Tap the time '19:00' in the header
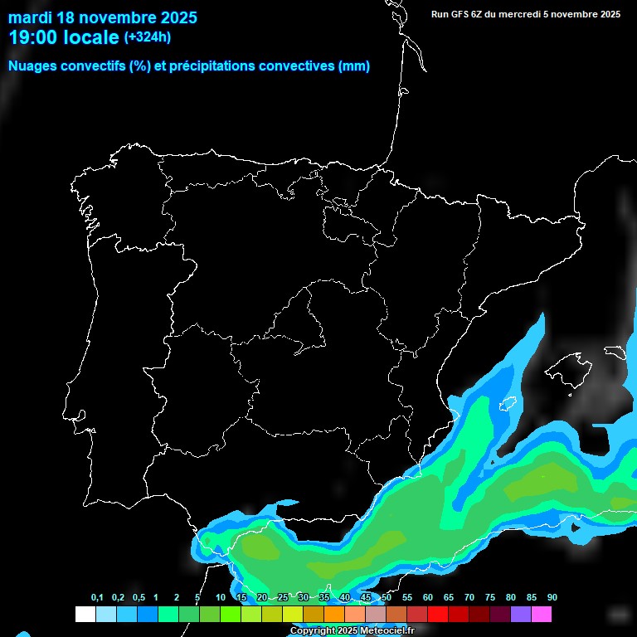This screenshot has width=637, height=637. pyautogui.click(x=34, y=37)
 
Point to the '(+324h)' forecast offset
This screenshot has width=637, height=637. pyautogui.click(x=148, y=37)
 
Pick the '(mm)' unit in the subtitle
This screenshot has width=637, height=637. pyautogui.click(x=354, y=66)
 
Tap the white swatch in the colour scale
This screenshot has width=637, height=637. pyautogui.click(x=85, y=615)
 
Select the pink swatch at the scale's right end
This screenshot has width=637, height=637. pyautogui.click(x=541, y=615)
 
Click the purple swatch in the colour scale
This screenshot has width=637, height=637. pyautogui.click(x=520, y=615)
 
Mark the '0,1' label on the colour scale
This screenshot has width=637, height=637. pyautogui.click(x=97, y=598)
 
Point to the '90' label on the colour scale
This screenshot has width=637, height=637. pyautogui.click(x=552, y=598)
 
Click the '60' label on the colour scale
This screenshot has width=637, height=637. pyautogui.click(x=428, y=598)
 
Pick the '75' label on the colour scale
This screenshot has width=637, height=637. pyautogui.click(x=490, y=598)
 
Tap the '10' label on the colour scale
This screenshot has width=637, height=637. pyautogui.click(x=221, y=598)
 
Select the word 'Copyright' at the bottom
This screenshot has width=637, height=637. pyautogui.click(x=313, y=631)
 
